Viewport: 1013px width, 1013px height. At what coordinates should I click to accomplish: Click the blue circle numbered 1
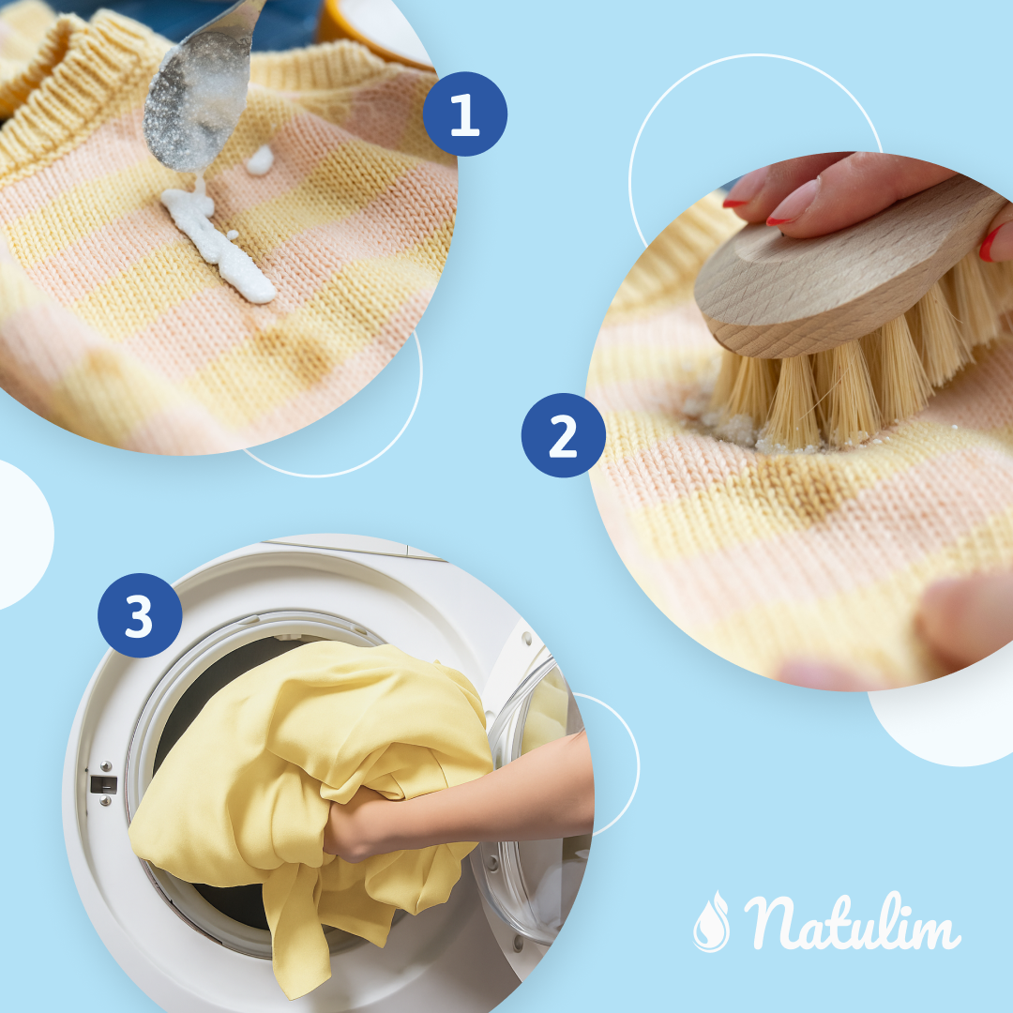tap(464, 113)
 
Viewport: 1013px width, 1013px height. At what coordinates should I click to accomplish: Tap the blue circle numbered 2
tap(563, 435)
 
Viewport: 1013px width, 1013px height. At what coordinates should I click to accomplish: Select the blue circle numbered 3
tap(140, 615)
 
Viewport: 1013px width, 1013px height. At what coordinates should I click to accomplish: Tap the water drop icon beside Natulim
tap(711, 921)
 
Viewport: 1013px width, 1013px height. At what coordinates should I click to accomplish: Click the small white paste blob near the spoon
tap(259, 160)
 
